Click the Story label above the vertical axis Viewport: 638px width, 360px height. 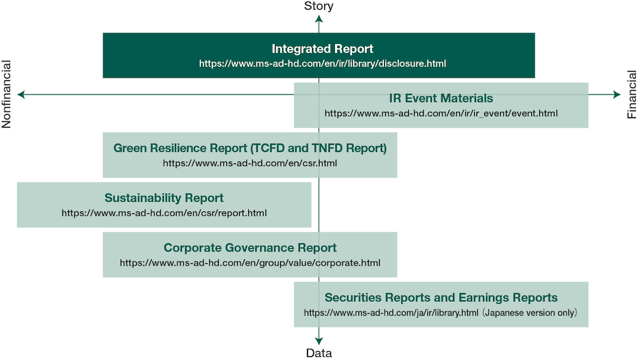tap(318, 6)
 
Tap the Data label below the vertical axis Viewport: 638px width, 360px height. tap(318, 353)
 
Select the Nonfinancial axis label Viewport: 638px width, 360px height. tap(6, 94)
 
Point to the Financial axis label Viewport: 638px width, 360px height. tap(632, 94)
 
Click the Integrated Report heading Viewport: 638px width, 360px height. tap(322, 49)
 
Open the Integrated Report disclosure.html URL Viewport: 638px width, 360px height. tap(322, 64)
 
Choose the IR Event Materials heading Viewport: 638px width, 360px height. tap(441, 98)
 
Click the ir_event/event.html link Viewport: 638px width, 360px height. tap(441, 113)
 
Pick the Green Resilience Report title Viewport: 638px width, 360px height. tap(250, 148)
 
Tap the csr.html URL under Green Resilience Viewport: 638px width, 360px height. tap(250, 163)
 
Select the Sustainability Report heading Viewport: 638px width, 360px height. tap(164, 198)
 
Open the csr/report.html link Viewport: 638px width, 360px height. tap(164, 213)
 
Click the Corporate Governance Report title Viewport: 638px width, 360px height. tap(250, 248)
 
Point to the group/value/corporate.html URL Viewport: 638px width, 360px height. tap(250, 263)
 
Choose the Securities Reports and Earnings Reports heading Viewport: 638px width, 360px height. tap(441, 297)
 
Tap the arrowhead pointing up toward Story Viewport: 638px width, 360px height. tap(318, 19)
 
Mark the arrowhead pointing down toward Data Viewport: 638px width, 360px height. tap(318, 341)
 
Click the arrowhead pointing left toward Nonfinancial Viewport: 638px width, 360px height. tap(21, 94)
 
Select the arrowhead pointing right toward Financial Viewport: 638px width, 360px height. tap(616, 94)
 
